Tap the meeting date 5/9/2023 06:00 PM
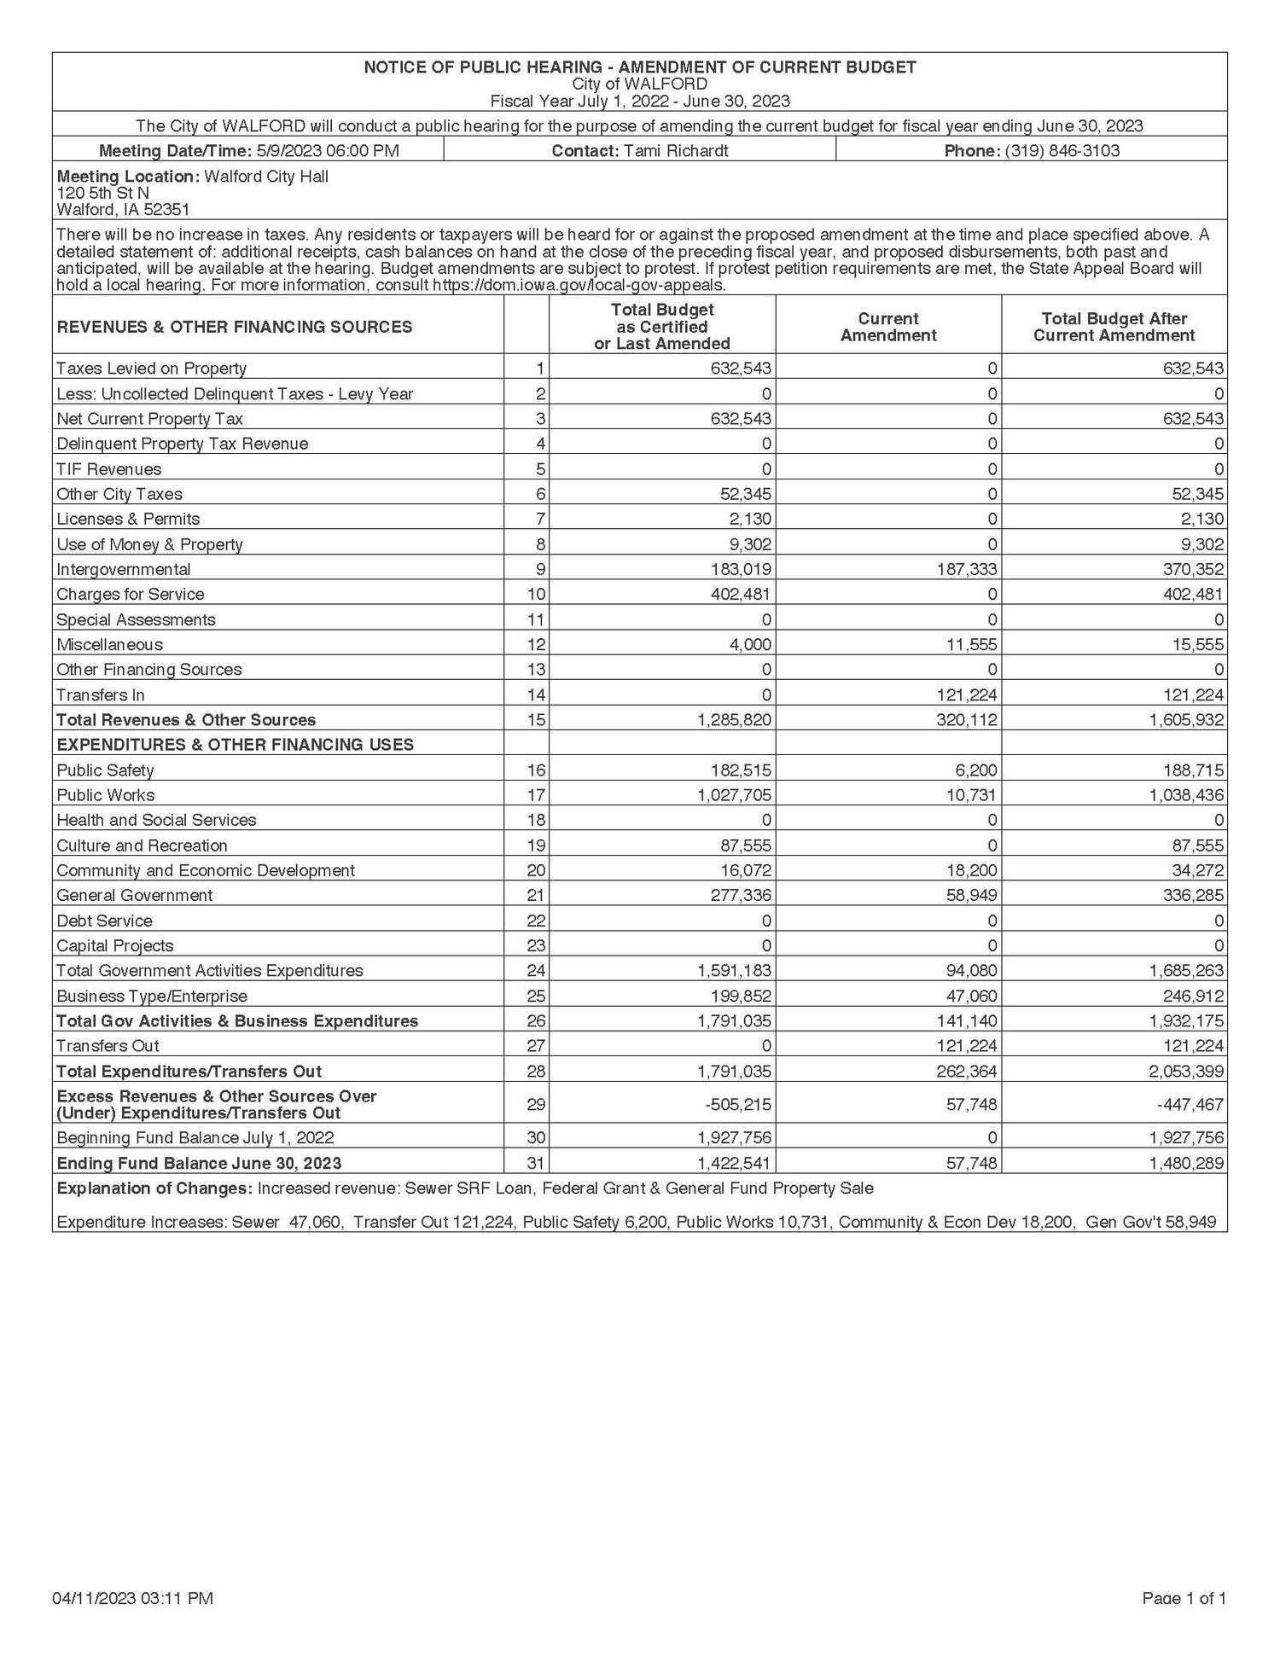point(328,151)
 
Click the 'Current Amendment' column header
point(887,327)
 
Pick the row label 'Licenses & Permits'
point(128,519)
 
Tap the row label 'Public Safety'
point(105,770)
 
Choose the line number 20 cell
point(536,870)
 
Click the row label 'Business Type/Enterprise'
point(152,996)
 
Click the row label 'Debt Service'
point(104,921)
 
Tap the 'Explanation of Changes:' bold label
point(154,1188)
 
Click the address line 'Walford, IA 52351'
point(123,210)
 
